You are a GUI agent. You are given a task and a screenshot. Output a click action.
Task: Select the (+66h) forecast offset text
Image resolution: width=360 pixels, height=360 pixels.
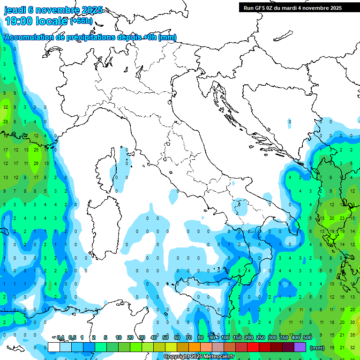(x=82, y=21)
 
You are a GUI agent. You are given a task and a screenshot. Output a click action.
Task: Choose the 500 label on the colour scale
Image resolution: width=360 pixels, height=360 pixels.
(x=307, y=337)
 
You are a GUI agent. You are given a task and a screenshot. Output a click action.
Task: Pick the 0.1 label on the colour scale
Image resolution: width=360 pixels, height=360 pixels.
(x=60, y=337)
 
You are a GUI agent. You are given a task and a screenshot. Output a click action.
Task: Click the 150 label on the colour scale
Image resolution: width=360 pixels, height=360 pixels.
(x=237, y=337)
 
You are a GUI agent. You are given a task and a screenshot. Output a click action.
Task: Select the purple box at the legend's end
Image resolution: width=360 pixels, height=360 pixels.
(x=300, y=347)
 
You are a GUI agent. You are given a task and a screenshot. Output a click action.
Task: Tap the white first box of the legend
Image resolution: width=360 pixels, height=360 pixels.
(x=54, y=347)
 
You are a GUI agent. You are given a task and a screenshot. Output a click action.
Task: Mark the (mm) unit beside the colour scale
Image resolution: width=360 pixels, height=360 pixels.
(x=317, y=347)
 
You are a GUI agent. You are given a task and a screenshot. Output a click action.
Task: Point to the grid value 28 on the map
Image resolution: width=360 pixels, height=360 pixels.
(x=6, y=121)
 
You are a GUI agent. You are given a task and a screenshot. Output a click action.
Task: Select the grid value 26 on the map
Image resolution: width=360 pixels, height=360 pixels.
(x=37, y=164)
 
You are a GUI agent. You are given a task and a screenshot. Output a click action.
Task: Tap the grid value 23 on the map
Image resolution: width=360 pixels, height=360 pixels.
(x=342, y=218)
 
